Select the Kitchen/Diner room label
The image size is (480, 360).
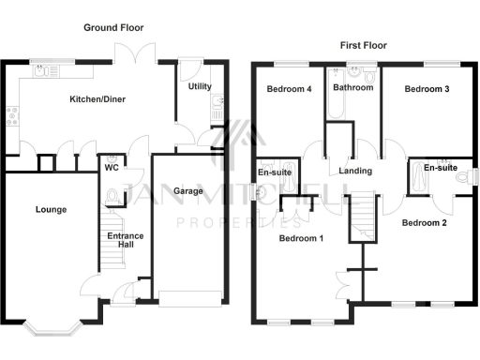coord(97,98)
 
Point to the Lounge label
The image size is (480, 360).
coord(51,209)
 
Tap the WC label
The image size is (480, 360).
coord(111,169)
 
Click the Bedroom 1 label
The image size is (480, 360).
coord(301,238)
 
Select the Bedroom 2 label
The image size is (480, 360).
coord(424,223)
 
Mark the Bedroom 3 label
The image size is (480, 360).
coord(426,89)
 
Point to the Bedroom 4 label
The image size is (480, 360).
coord(287,89)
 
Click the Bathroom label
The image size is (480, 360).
coord(352,88)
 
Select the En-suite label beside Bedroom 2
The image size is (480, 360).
coord(440,168)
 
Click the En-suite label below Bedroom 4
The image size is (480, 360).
coord(275,172)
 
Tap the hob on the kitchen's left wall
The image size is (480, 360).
coord(12,115)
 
